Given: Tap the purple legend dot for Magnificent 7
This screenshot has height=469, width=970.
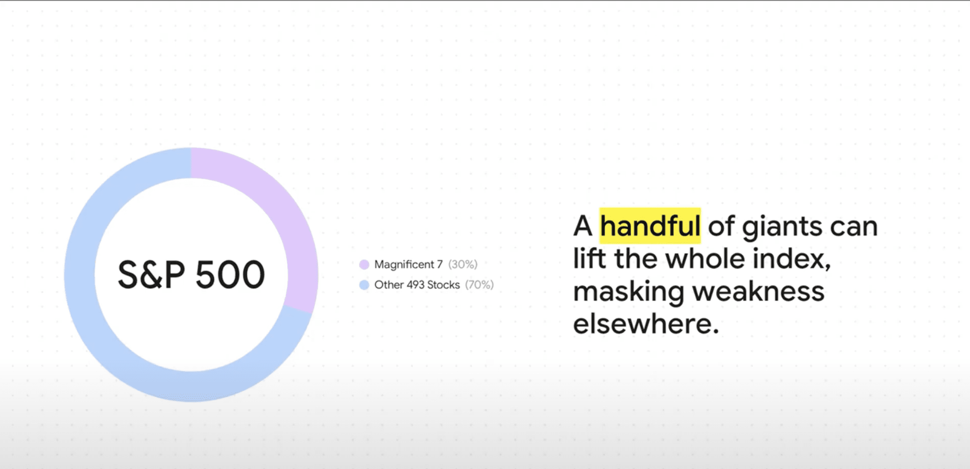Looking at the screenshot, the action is [364, 264].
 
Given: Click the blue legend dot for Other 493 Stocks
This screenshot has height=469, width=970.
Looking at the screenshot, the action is [364, 285].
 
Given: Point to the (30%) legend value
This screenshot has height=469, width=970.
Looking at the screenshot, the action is [463, 264].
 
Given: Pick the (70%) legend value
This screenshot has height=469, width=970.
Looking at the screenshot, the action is [480, 285].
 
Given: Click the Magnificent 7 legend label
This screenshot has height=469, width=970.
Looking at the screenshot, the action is [409, 264].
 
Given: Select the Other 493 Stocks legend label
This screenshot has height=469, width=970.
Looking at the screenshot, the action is [417, 285].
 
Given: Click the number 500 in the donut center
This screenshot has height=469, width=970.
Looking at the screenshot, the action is [230, 275].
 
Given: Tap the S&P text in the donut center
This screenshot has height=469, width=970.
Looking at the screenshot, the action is [151, 275].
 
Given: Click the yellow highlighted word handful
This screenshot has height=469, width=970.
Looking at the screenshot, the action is [650, 226].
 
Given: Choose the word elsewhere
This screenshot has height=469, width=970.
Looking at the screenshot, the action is [646, 324].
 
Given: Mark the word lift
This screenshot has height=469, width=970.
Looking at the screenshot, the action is [590, 259].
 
